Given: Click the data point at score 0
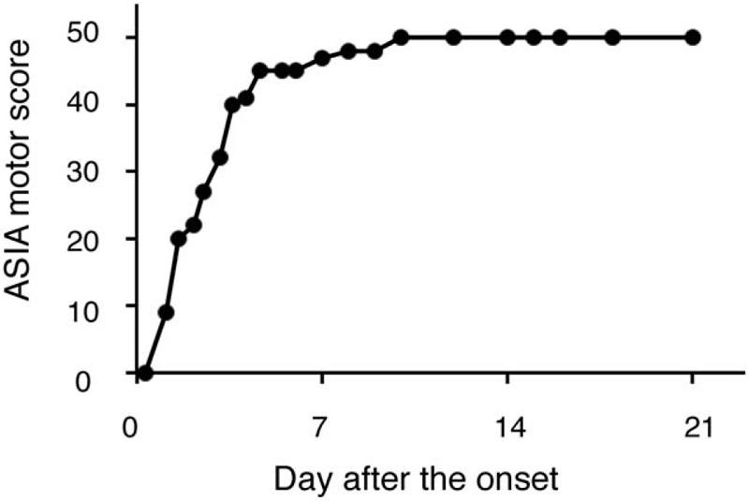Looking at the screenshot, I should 145,373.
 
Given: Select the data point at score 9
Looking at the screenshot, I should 166,312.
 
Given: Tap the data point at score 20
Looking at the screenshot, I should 178,239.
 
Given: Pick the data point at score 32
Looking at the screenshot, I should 220,157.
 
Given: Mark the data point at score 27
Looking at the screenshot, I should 204,192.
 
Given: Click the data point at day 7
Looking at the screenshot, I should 322,58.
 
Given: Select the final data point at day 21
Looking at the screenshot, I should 693,37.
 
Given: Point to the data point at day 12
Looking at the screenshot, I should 453,37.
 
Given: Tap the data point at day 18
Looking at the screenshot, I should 612,37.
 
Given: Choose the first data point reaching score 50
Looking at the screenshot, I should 401,37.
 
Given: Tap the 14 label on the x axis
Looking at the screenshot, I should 507,427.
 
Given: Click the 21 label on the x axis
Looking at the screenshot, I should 693,427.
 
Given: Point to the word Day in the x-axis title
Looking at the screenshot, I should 299,479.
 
